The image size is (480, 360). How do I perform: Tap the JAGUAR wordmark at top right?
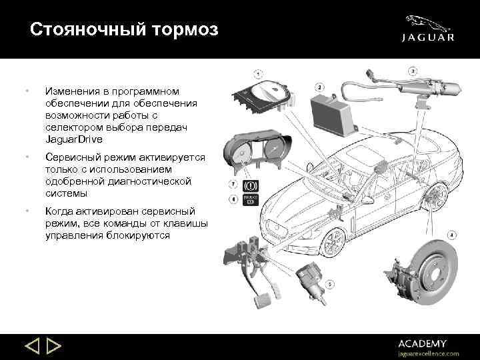[427, 38]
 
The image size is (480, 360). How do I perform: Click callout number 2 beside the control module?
[320, 87]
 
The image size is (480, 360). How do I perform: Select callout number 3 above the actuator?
[413, 71]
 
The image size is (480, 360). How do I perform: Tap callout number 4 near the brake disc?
[451, 235]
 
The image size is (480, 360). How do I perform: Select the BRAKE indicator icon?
[252, 199]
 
